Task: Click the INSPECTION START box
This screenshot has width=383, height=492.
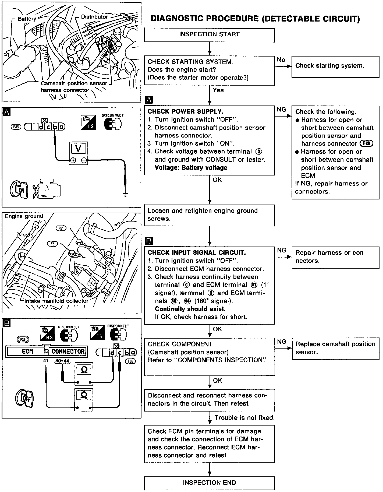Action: [x=209, y=35]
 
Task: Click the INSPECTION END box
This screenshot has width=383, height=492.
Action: [x=209, y=482]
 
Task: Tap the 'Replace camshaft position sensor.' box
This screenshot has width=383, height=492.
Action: [x=335, y=348]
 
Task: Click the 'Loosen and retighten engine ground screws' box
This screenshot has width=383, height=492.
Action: [x=209, y=215]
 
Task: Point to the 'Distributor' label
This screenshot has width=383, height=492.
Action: [x=94, y=17]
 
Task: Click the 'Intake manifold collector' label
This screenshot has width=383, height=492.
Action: [x=56, y=301]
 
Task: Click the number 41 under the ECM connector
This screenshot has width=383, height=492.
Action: [x=45, y=360]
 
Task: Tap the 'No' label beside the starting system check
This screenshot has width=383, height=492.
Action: [x=281, y=60]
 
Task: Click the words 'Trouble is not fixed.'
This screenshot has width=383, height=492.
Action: [x=244, y=418]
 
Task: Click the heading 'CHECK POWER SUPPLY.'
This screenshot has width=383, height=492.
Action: [x=186, y=111]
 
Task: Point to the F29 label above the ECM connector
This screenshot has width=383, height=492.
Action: [x=23, y=339]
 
